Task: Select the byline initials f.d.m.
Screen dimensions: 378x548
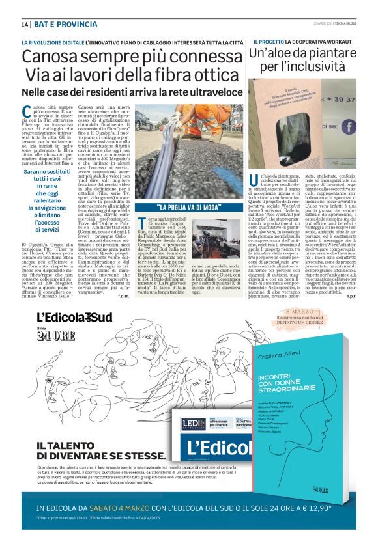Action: click(232, 297)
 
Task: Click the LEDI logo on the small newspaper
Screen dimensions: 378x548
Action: click(194, 424)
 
